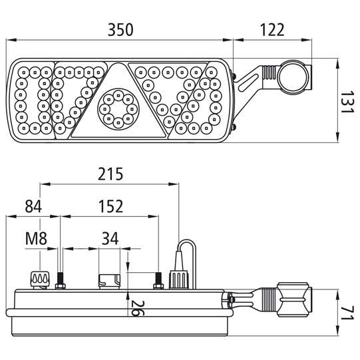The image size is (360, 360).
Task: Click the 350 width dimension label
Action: [120, 30]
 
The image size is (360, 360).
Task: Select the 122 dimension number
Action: [272, 30]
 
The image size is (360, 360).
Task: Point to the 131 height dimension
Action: [345, 102]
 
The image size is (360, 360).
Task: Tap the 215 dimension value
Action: [110, 174]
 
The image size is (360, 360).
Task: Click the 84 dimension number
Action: [33, 206]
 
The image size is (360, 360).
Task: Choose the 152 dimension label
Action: [110, 206]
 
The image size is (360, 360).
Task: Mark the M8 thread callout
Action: [36, 238]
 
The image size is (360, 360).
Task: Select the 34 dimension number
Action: [110, 238]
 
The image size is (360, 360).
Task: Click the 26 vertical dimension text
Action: [136, 308]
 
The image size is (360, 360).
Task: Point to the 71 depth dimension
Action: [346, 313]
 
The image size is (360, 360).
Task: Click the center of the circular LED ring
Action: [118, 108]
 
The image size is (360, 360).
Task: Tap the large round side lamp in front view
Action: [293, 77]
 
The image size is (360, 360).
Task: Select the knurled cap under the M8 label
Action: [40, 279]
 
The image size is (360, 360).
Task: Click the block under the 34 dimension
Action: [109, 281]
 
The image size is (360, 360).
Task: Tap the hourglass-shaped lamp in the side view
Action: [293, 299]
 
